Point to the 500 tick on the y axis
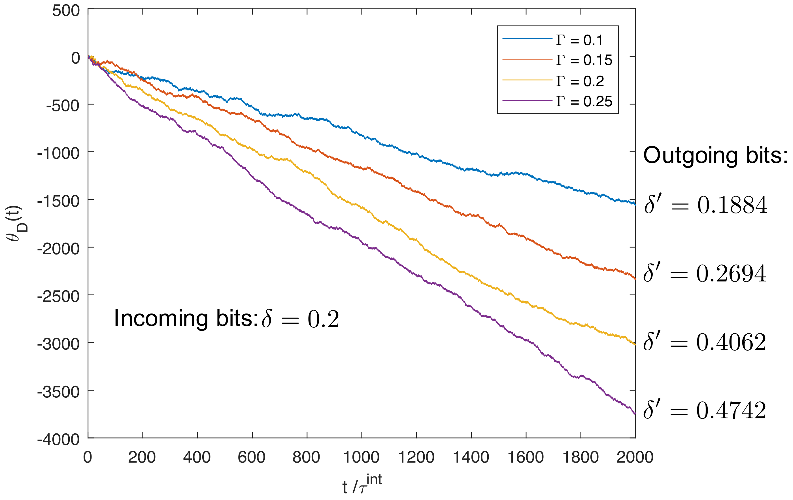coord(66,10)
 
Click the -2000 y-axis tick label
coord(58,249)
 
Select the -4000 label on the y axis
coord(58,440)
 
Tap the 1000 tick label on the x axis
coord(361,457)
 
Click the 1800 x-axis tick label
coord(580,457)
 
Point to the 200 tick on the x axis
coord(142,457)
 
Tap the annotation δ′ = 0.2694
coord(705,274)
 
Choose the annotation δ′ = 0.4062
coord(705,342)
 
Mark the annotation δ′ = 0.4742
coord(705,410)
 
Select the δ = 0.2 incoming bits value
coord(300,319)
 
